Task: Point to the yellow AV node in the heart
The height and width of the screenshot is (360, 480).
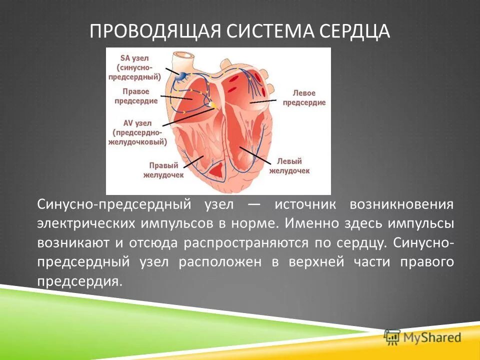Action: point(213,105)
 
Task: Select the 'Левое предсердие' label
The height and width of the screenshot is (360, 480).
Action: point(304,97)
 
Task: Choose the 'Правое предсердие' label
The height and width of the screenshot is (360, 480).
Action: point(136,96)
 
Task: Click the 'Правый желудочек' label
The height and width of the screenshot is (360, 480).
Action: point(163,170)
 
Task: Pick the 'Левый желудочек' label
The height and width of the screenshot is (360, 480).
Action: point(289,166)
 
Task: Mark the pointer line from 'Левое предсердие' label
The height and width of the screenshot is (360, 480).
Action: point(263,101)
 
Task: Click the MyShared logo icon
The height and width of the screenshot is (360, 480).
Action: point(392,336)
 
